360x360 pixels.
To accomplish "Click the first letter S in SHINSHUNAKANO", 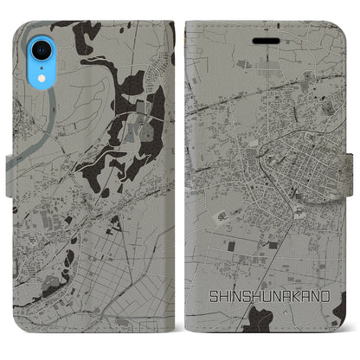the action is [211, 295].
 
